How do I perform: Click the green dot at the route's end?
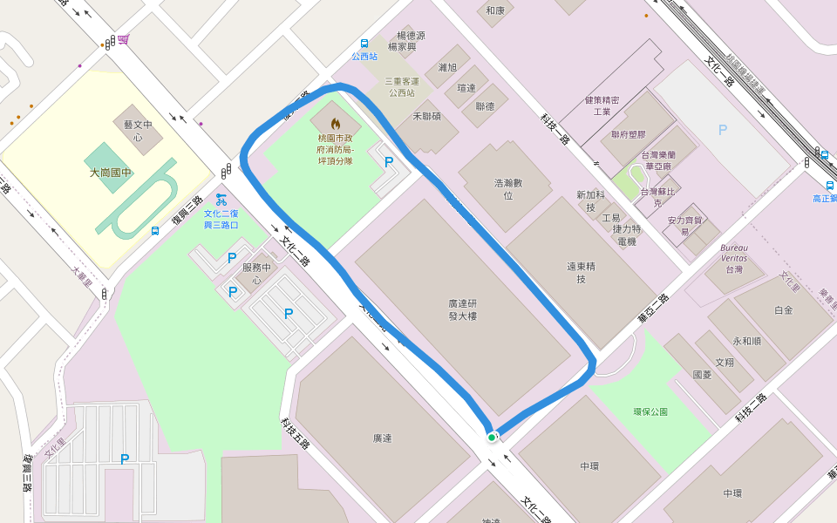[x=492, y=437]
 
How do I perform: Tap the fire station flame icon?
[x=336, y=124]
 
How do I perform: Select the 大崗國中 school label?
[x=111, y=173]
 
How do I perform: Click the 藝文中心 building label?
[x=138, y=131]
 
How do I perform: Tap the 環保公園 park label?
[x=650, y=411]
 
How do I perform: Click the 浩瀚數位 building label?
[x=508, y=189]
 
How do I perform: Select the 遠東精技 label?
[x=581, y=272]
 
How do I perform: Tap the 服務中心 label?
[x=257, y=274]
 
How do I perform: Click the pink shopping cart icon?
[x=124, y=38]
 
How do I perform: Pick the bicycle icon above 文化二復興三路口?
[x=221, y=199]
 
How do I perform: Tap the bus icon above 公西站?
[x=364, y=44]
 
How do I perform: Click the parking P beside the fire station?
[x=389, y=161]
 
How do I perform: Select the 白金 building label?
[x=783, y=309]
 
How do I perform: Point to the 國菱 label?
[x=702, y=374]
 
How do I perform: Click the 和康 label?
[x=495, y=10]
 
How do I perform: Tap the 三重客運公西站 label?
[x=401, y=86]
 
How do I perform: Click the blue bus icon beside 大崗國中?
[x=155, y=231]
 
